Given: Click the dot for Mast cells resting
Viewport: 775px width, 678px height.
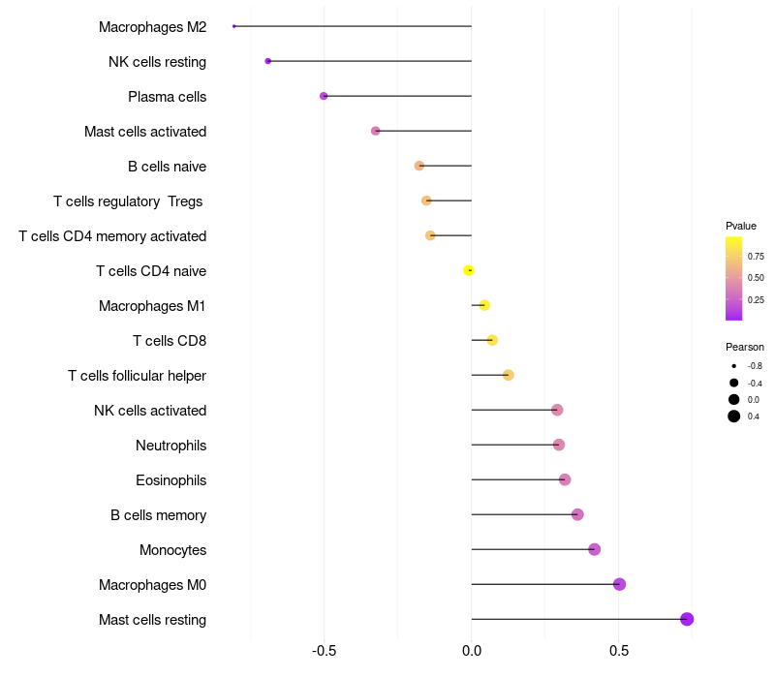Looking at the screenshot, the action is [x=687, y=619].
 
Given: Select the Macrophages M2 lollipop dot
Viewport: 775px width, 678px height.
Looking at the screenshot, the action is [x=233, y=26].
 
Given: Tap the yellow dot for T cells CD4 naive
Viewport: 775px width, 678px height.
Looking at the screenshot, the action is [x=469, y=270].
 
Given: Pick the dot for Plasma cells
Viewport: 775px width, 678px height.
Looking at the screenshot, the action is [x=324, y=96].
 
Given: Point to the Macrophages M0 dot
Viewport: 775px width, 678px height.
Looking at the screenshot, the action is [x=619, y=584].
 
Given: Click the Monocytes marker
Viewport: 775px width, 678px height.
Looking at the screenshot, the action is [x=594, y=549].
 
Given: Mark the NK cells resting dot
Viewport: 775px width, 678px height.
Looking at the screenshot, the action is [x=268, y=61].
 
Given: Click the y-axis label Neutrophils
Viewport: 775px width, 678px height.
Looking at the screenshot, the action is [x=171, y=446].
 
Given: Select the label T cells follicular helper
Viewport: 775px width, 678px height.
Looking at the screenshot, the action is [x=137, y=376].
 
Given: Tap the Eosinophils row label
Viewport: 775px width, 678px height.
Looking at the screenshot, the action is [x=171, y=480].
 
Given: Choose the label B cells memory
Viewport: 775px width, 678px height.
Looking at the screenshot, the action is [x=158, y=515].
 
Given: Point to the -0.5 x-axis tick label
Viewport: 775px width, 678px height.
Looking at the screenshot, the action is [x=325, y=651].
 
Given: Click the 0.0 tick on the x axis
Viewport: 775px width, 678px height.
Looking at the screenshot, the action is [x=472, y=651].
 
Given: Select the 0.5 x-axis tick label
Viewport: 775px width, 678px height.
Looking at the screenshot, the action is [x=619, y=651].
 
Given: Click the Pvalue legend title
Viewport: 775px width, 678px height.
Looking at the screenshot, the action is [x=741, y=226].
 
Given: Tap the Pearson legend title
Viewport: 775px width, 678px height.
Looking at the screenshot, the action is [x=745, y=347].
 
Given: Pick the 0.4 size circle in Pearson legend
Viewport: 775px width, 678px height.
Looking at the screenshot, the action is [x=734, y=416].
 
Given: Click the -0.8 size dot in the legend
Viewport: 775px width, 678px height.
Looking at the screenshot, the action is [x=734, y=366].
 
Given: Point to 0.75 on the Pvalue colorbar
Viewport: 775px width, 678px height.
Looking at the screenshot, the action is [x=756, y=256].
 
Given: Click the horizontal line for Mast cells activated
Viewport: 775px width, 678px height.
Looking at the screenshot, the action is [x=423, y=131].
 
